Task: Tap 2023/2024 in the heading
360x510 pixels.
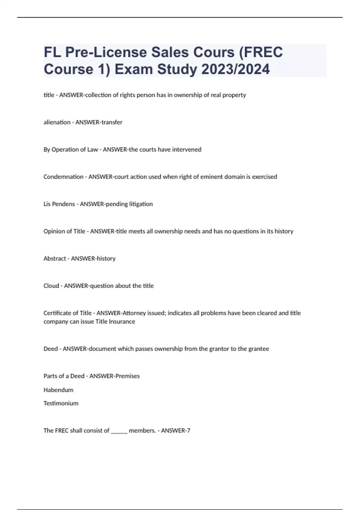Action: [x=235, y=69]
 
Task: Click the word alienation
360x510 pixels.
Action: [x=57, y=122]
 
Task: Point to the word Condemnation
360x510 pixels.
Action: [x=63, y=177]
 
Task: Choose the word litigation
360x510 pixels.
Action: [x=141, y=204]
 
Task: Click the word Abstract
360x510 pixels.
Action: [x=55, y=258]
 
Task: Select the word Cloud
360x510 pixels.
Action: [x=51, y=286]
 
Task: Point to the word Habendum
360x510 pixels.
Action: [x=58, y=390]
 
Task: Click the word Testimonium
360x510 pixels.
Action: [x=61, y=403]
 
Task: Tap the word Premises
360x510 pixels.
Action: [x=128, y=376]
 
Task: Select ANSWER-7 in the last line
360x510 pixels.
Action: [x=176, y=430]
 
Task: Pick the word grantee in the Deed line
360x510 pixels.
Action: [x=259, y=349]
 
